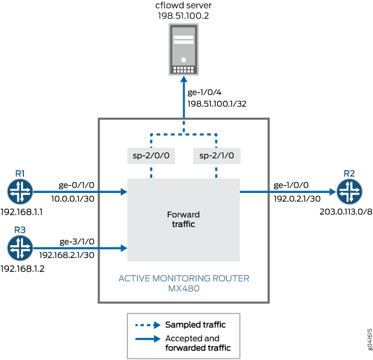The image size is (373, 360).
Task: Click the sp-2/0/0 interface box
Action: (150, 156)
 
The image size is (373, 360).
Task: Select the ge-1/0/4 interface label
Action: (204, 93)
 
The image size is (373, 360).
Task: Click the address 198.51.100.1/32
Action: (217, 103)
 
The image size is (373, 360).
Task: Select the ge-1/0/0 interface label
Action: (290, 186)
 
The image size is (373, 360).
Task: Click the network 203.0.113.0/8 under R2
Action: (342, 212)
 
